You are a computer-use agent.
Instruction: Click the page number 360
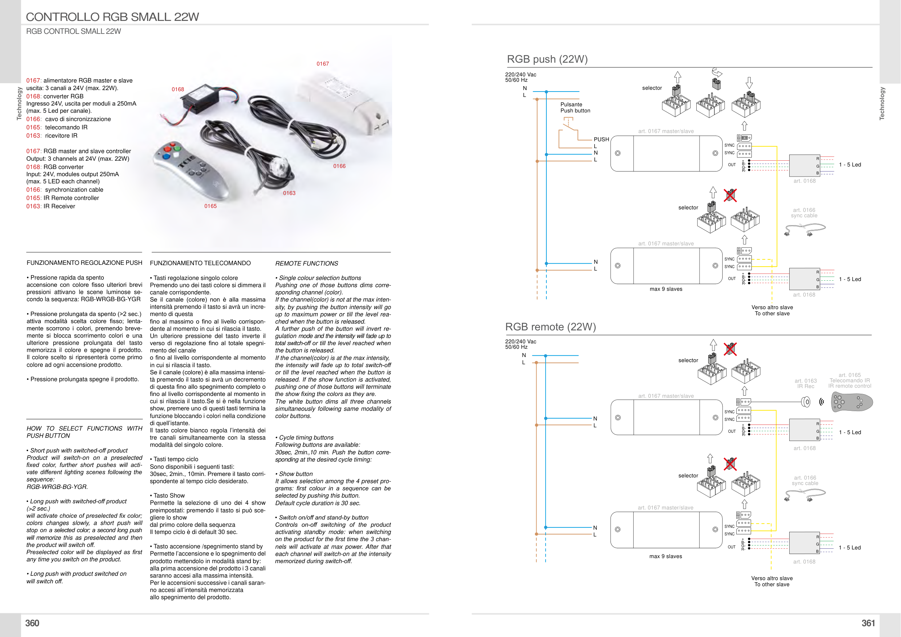(x=32, y=623)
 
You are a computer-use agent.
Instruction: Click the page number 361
(x=868, y=623)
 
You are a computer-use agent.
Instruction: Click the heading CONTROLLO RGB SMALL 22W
(x=112, y=17)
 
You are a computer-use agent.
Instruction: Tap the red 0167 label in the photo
(x=323, y=64)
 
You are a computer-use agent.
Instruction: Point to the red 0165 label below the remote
(x=210, y=206)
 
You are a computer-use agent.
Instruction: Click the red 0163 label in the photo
(x=289, y=193)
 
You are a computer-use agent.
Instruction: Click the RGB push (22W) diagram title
(x=547, y=59)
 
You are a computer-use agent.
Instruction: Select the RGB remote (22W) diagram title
(x=550, y=327)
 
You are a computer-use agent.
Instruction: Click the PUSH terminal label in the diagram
(x=601, y=139)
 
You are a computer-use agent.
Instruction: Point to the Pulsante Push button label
(x=575, y=107)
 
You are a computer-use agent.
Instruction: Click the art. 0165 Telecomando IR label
(x=849, y=380)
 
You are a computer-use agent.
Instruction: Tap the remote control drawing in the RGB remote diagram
(x=852, y=402)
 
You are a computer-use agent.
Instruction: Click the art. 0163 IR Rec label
(x=805, y=384)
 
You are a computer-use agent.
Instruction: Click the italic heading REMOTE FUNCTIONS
(x=306, y=264)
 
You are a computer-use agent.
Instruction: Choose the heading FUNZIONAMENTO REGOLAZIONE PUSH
(x=84, y=263)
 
